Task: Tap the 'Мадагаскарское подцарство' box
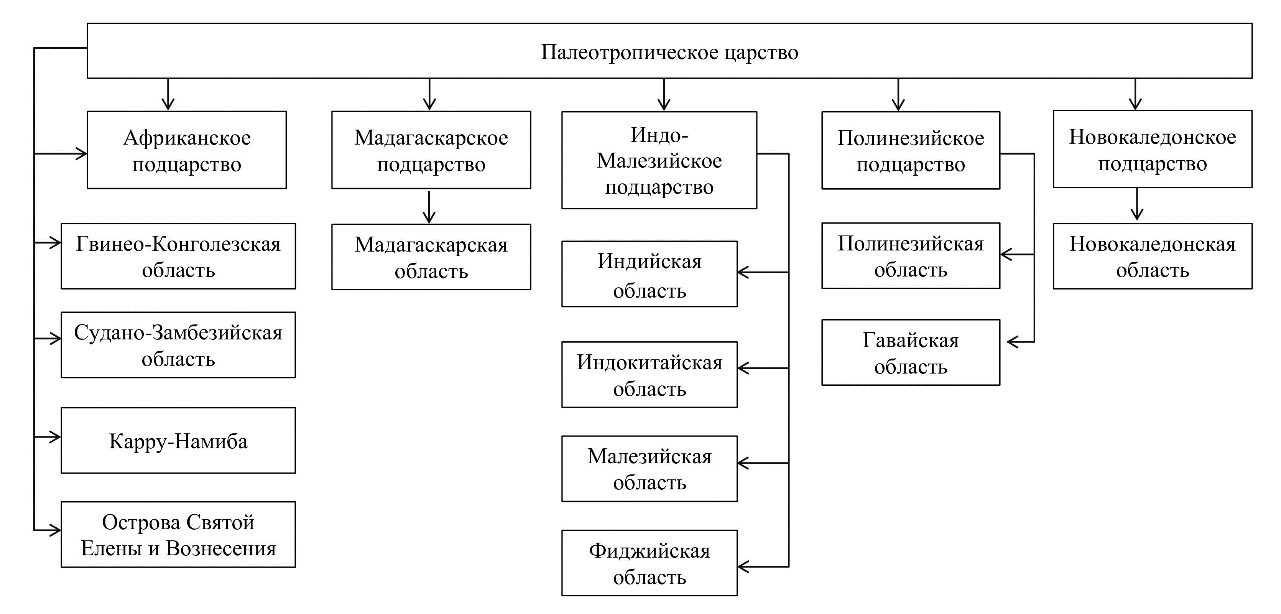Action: click(x=431, y=150)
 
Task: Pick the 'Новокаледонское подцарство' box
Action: click(x=1152, y=149)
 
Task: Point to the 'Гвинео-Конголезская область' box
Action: click(x=178, y=256)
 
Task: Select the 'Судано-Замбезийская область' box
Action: click(x=178, y=345)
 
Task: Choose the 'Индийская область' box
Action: click(x=649, y=274)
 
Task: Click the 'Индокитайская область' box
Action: click(x=649, y=375)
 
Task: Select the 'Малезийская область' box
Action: click(x=649, y=469)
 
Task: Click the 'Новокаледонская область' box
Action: click(x=1152, y=256)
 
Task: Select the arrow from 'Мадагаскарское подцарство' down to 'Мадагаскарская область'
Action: click(x=429, y=206)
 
